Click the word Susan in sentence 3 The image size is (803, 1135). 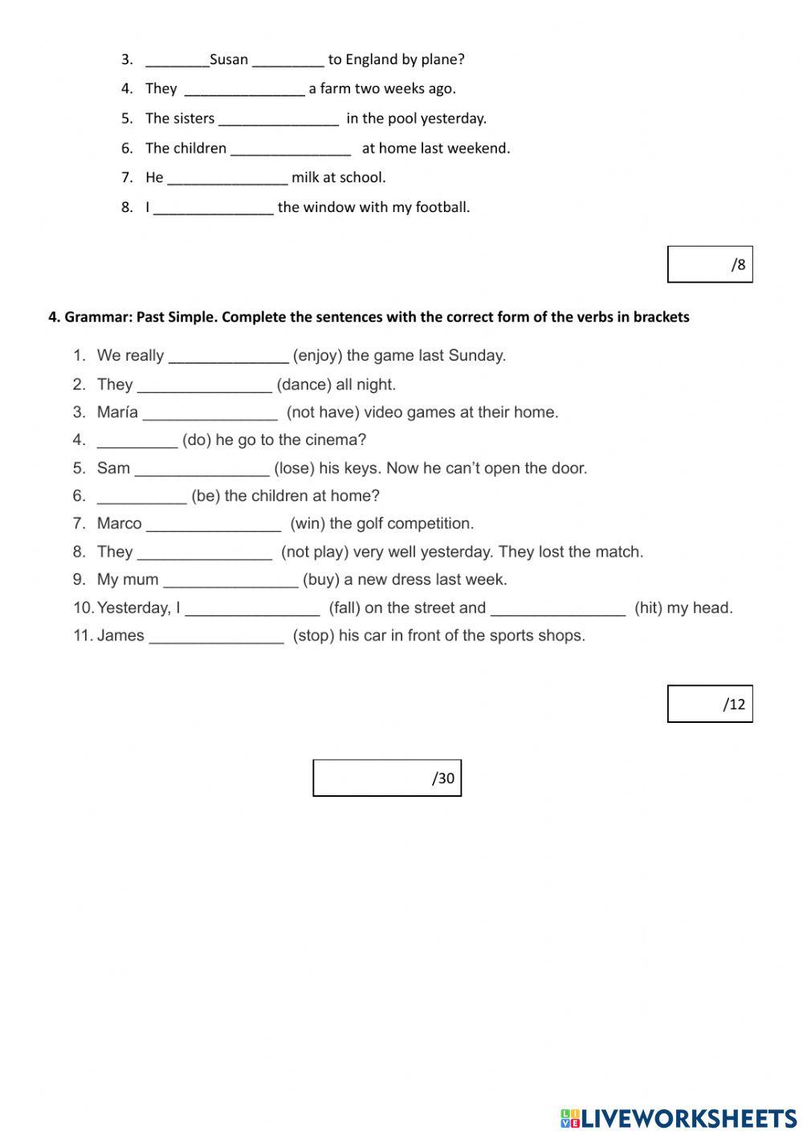coord(229,59)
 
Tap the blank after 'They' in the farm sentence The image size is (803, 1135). coord(244,90)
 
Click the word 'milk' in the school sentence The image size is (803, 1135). coord(305,178)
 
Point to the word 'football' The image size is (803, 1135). coord(442,207)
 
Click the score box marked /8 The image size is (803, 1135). coord(710,264)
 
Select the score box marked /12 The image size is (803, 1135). coord(710,704)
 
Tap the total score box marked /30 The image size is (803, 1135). coord(387,778)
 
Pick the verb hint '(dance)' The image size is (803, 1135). coord(304,385)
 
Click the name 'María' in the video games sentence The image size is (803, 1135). coord(117,413)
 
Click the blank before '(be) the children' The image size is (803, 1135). coord(141,497)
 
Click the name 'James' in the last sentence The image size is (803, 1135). coord(120,635)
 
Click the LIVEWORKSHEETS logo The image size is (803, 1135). coord(679,1118)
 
